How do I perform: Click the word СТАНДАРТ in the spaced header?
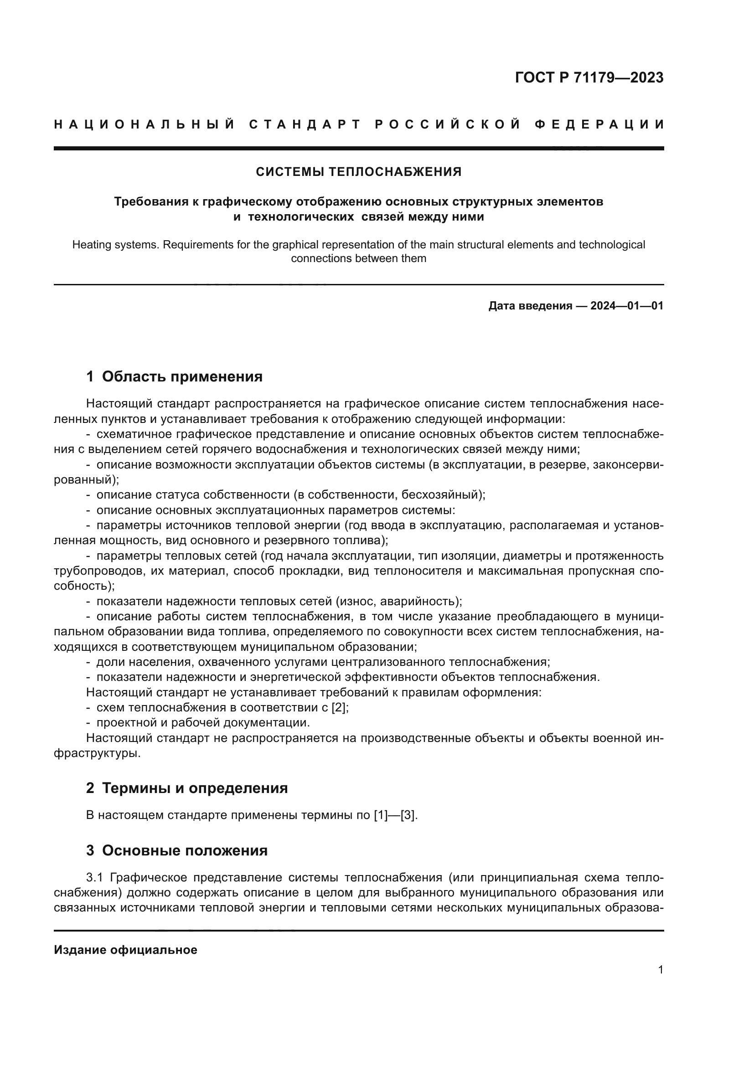tap(305, 124)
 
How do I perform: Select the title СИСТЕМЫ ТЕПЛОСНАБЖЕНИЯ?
tap(358, 172)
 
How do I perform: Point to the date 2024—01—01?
tap(626, 306)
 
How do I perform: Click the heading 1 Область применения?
tap(174, 376)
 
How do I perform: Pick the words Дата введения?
tap(530, 306)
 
